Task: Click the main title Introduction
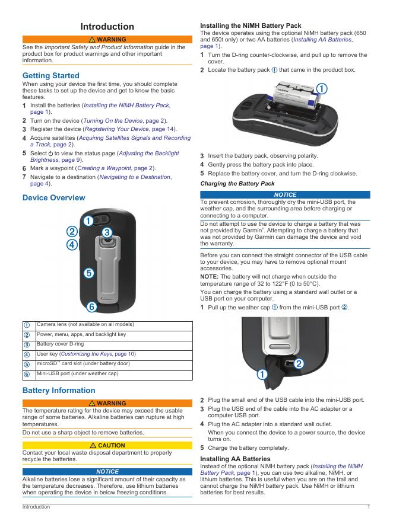[107, 26]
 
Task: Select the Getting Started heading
[50, 75]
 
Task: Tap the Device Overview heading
[53, 197]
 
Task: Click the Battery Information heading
[58, 390]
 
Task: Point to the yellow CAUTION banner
[107, 445]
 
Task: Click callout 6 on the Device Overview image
[91, 307]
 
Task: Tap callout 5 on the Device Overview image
[88, 273]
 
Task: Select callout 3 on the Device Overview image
[107, 232]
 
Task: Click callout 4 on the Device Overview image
[71, 244]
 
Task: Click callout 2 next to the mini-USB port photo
[299, 363]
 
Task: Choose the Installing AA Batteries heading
[235, 459]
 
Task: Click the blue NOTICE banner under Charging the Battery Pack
[285, 195]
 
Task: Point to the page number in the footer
[369, 507]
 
